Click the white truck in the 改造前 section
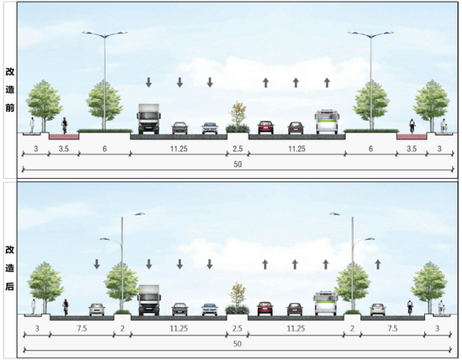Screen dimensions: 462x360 click(149, 119)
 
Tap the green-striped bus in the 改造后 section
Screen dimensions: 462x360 click(326, 304)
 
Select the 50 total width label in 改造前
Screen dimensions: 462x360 click(238, 164)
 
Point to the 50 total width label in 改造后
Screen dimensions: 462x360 click(238, 344)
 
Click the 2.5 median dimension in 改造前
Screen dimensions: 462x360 click(238, 149)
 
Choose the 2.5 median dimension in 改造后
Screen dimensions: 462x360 click(237, 328)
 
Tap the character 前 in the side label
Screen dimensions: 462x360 click(10, 107)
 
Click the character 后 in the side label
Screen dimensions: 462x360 click(10, 286)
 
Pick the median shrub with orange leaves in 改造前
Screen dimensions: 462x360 click(238, 117)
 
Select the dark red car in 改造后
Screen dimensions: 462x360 click(265, 309)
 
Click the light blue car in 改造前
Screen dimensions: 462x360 click(210, 128)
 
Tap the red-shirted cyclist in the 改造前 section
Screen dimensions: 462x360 click(64, 126)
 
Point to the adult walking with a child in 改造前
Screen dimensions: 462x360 click(444, 126)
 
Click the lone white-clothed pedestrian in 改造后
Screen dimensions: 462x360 click(34, 306)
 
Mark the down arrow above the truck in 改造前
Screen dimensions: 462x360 click(149, 82)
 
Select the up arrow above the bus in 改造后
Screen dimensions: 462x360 click(326, 264)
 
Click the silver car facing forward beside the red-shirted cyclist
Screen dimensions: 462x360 click(97, 310)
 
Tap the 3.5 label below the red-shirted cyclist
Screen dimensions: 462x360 click(64, 149)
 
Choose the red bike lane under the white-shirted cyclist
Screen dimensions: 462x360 click(412, 137)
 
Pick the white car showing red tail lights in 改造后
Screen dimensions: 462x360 click(378, 310)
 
